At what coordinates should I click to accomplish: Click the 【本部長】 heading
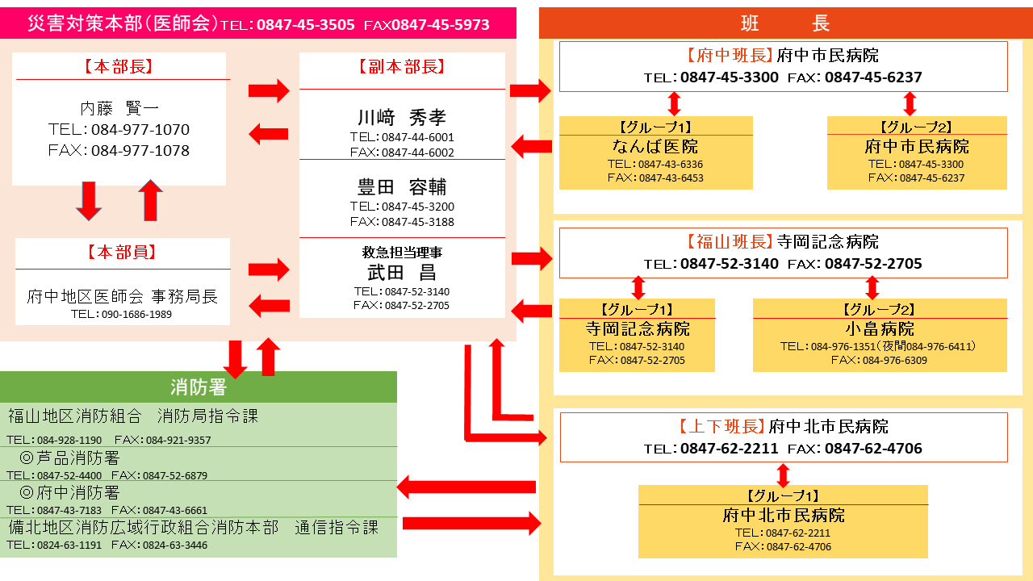pyautogui.click(x=119, y=67)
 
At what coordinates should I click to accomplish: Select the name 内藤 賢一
pyautogui.click(x=119, y=108)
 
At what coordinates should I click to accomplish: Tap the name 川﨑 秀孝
pyautogui.click(x=402, y=118)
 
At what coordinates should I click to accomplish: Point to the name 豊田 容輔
pyautogui.click(x=402, y=186)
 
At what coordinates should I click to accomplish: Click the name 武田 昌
pyautogui.click(x=402, y=272)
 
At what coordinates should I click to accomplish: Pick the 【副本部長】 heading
pyautogui.click(x=401, y=67)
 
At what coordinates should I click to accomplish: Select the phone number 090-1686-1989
pyautogui.click(x=136, y=314)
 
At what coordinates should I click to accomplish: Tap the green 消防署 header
pyautogui.click(x=198, y=387)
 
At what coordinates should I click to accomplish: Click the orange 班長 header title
pyautogui.click(x=785, y=23)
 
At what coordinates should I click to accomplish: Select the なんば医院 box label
pyautogui.click(x=655, y=147)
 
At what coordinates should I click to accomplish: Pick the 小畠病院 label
pyautogui.click(x=879, y=328)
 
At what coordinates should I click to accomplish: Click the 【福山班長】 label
pyautogui.click(x=729, y=241)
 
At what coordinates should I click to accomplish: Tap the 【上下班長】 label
pyautogui.click(x=721, y=426)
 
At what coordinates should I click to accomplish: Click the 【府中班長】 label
pyautogui.click(x=729, y=56)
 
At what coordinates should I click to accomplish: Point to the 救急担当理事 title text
pyautogui.click(x=402, y=253)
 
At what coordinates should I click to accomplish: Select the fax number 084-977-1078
pyautogui.click(x=140, y=150)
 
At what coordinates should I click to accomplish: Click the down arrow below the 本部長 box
pyautogui.click(x=89, y=200)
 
